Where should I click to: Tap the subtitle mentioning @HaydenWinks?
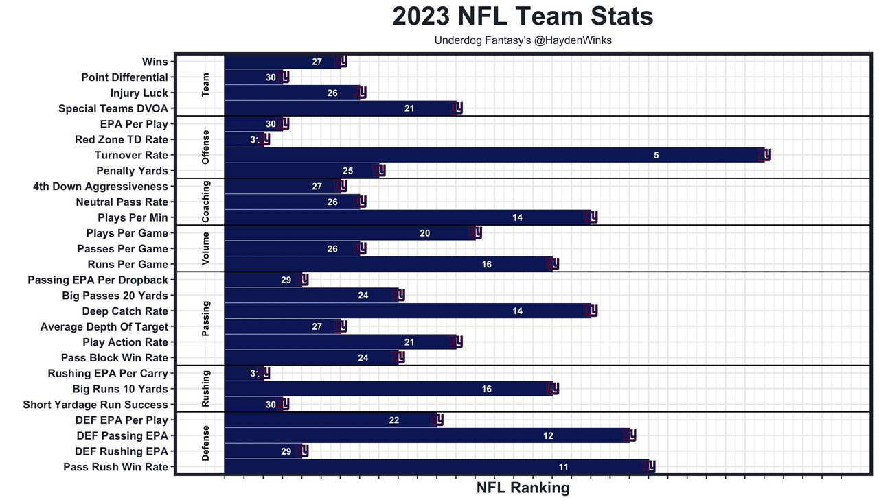tap(523, 40)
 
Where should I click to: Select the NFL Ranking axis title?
tap(523, 488)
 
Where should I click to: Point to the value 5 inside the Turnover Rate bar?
tap(657, 156)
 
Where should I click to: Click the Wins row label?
tap(155, 62)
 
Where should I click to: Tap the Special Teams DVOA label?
tap(113, 108)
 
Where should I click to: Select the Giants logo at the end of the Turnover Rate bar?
tap(765, 155)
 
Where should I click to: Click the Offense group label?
tap(206, 147)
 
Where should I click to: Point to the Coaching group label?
tap(206, 202)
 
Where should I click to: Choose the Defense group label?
tap(206, 443)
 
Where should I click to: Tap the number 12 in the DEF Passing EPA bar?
tap(548, 435)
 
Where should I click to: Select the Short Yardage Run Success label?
tap(95, 405)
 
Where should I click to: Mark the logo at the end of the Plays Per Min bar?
tap(591, 217)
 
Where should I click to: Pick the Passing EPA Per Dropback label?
tap(98, 280)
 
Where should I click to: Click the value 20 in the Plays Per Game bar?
tap(425, 233)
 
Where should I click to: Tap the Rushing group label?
tap(206, 389)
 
